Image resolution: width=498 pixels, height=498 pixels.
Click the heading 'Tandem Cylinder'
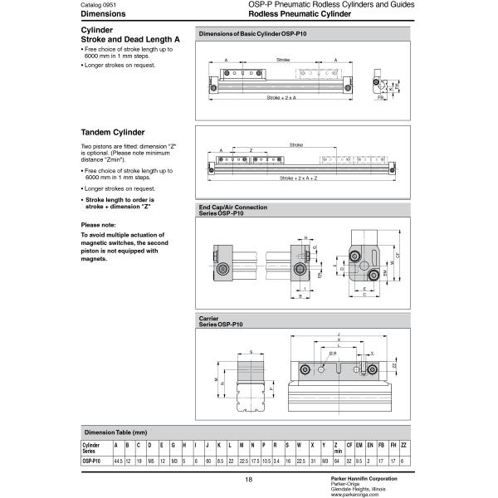point(113,132)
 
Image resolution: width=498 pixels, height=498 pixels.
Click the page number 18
point(248,480)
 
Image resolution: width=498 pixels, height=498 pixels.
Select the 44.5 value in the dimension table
point(119,460)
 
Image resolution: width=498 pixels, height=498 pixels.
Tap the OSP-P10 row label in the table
point(91,460)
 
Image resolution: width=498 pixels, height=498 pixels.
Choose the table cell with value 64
point(336,460)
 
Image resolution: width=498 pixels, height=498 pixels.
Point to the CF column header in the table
point(349,447)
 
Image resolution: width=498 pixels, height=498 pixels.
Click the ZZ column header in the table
point(403,447)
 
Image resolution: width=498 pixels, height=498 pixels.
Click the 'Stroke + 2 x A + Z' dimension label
point(299,178)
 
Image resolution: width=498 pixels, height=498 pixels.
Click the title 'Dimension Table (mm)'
point(115,432)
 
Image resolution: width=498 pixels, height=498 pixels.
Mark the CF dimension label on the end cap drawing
point(398,256)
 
